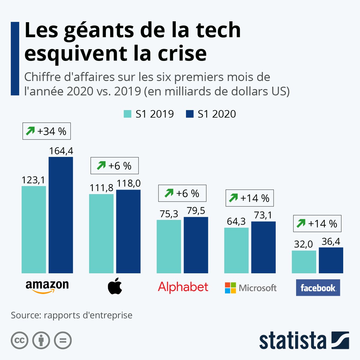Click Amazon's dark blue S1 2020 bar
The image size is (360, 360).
pyautogui.click(x=61, y=215)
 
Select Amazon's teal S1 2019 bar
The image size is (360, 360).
pyautogui.click(x=34, y=229)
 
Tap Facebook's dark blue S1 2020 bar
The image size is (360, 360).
pyautogui.click(x=331, y=260)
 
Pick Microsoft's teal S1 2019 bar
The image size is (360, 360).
pyautogui.click(x=236, y=250)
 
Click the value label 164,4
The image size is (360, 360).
pyautogui.click(x=61, y=151)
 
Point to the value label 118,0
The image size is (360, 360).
pyautogui.click(x=128, y=183)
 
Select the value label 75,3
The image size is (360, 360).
pyautogui.click(x=169, y=214)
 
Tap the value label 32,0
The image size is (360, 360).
pyautogui.click(x=304, y=244)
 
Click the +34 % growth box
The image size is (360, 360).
pyautogui.click(x=46, y=131)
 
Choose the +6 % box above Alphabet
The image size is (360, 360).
pyautogui.click(x=182, y=193)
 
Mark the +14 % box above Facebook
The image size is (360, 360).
pyautogui.click(x=317, y=223)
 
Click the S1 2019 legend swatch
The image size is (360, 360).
pyautogui.click(x=127, y=114)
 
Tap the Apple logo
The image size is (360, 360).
pyautogui.click(x=115, y=286)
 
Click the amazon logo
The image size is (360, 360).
pyautogui.click(x=47, y=286)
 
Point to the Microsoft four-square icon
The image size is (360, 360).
pyautogui.click(x=230, y=288)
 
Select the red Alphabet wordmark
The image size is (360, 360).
pyautogui.click(x=183, y=287)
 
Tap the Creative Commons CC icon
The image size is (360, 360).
pyautogui.click(x=19, y=340)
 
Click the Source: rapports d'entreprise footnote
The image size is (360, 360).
pyautogui.click(x=71, y=315)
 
